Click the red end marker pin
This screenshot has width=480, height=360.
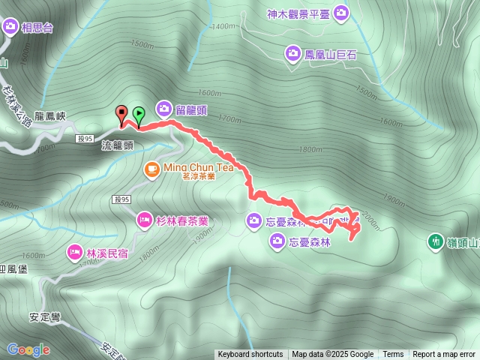[x=121, y=114]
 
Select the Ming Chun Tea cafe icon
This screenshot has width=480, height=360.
[x=151, y=168]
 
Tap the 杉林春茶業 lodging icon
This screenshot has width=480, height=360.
[x=143, y=220]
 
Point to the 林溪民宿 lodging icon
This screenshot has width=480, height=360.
[x=75, y=251]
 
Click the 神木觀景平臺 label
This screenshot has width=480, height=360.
[x=298, y=13]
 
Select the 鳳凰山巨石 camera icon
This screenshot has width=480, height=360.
[x=292, y=52]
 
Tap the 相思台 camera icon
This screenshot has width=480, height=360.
[x=10, y=28]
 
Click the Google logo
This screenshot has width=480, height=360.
[x=28, y=349]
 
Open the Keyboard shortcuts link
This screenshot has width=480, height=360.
[x=250, y=355]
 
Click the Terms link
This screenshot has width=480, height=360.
[x=393, y=355]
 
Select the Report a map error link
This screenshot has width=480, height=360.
[x=444, y=355]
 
